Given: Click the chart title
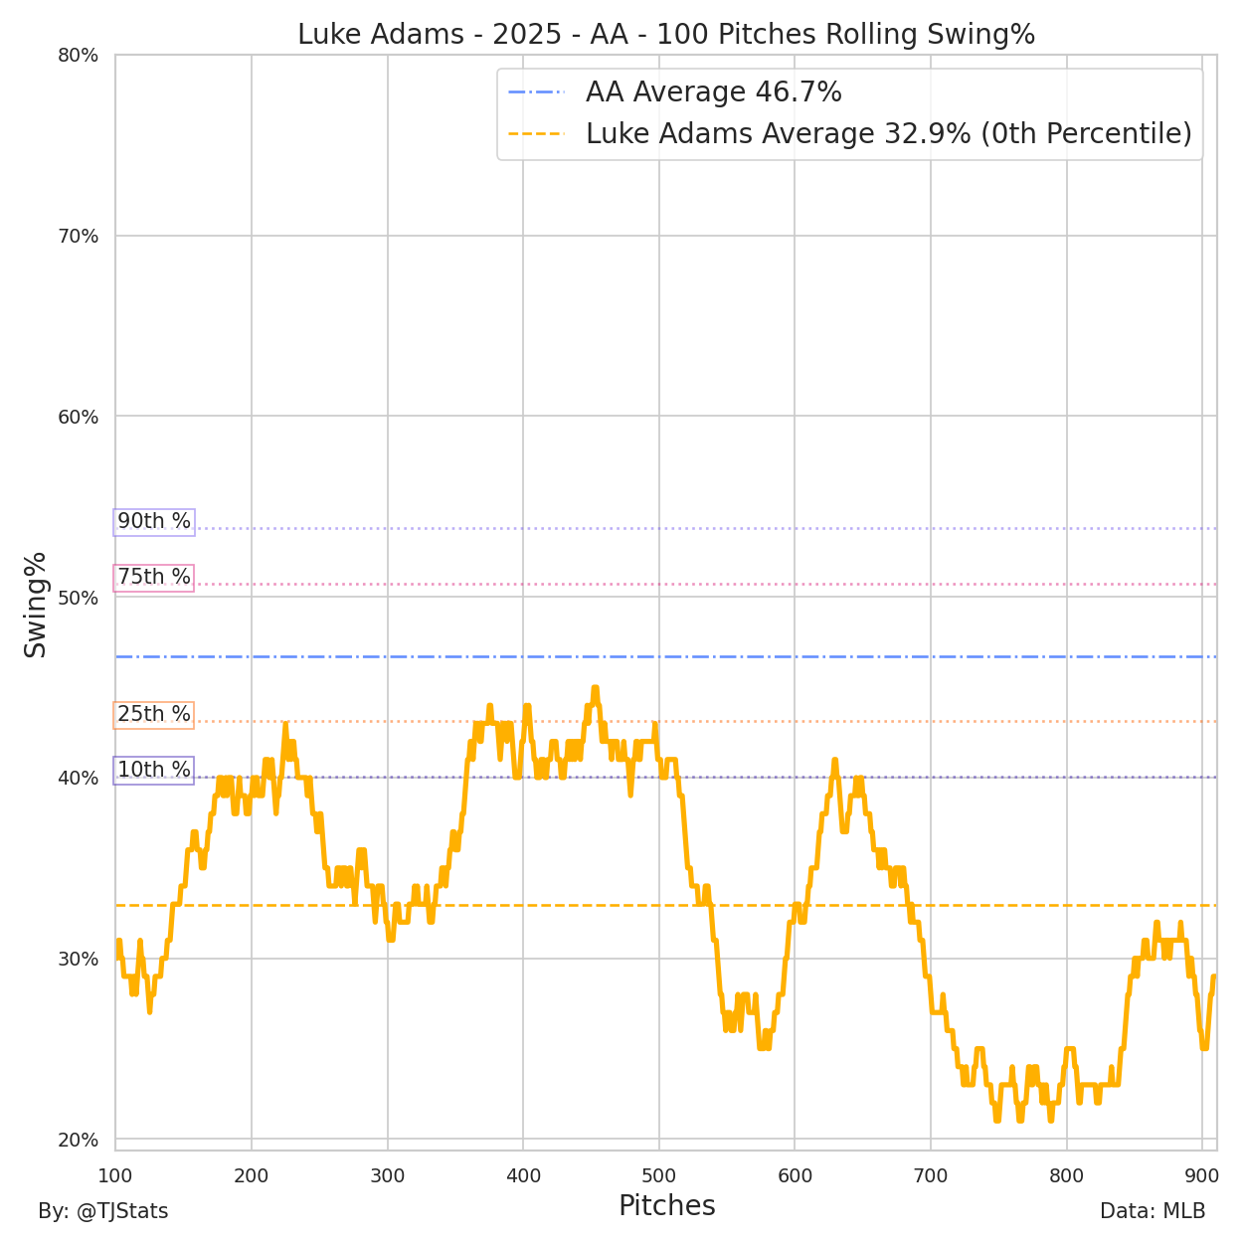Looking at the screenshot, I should (666, 35).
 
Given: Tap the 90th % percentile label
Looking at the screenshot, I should (154, 521).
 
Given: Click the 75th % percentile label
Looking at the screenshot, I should (154, 577).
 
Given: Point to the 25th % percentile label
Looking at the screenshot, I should (154, 714).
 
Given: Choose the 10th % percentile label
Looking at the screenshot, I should (154, 770).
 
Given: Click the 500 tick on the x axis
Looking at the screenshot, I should (659, 1175).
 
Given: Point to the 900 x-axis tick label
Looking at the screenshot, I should (1202, 1175).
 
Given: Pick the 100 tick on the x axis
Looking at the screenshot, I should (115, 1175).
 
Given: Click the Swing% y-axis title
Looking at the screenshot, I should (36, 605).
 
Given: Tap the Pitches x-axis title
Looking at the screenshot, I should (666, 1206).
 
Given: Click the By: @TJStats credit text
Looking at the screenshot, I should (103, 1211).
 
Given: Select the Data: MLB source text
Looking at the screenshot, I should (1153, 1211).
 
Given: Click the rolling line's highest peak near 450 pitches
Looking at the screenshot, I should (595, 688).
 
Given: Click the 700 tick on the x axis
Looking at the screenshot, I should (931, 1175).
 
